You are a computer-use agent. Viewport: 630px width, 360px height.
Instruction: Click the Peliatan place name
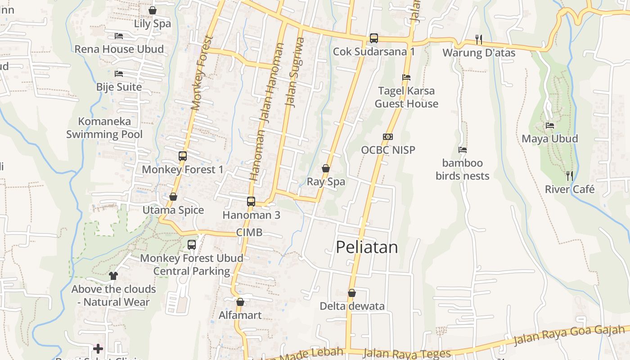(x=367, y=247)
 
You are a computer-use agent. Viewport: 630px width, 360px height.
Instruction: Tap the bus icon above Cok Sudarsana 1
(x=374, y=38)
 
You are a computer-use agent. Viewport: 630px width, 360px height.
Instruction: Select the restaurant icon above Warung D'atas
(x=479, y=40)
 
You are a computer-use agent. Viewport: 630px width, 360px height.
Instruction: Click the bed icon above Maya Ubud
(x=550, y=126)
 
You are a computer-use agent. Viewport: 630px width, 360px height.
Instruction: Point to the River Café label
(x=570, y=189)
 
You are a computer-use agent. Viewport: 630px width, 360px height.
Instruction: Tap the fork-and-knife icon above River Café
(x=570, y=176)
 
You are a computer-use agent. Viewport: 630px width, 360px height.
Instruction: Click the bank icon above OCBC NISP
(x=388, y=137)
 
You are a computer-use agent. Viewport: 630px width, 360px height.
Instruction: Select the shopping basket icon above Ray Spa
(x=326, y=169)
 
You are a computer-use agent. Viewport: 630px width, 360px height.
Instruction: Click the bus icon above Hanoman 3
(x=251, y=202)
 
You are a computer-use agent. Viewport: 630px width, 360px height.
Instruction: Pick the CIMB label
(x=249, y=233)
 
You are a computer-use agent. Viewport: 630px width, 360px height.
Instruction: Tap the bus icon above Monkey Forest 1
(x=183, y=156)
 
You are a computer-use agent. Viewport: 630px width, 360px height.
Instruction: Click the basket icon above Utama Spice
(x=173, y=197)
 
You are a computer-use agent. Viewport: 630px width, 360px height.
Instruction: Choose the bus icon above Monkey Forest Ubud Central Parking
(x=192, y=245)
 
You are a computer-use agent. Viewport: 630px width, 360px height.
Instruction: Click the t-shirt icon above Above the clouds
(x=113, y=275)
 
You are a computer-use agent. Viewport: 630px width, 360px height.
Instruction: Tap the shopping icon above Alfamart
(x=240, y=302)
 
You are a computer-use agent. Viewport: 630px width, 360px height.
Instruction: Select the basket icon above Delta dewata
(x=352, y=293)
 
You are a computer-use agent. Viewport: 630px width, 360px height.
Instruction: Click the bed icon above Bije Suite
(x=119, y=73)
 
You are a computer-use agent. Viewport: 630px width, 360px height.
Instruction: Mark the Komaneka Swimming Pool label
(x=104, y=128)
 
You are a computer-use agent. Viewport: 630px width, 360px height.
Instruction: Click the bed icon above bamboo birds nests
(x=463, y=150)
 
